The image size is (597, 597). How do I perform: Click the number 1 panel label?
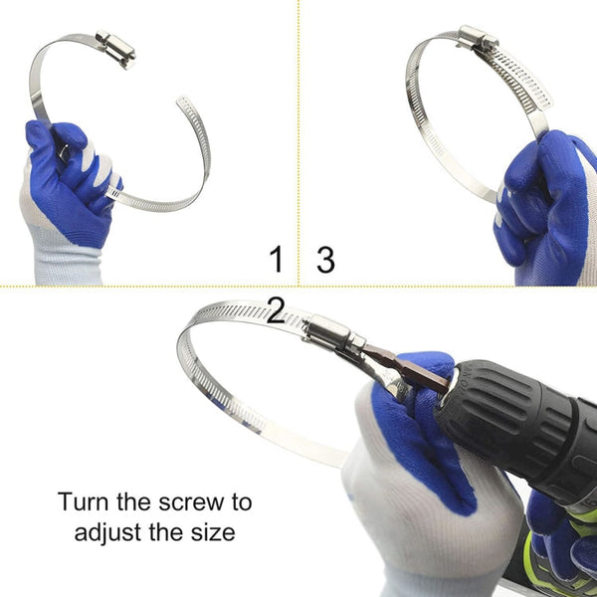[276, 261]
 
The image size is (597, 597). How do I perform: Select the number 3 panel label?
[325, 261]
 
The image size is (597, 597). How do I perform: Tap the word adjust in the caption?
[109, 532]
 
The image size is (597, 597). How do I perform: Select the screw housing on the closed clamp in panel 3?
[478, 40]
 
